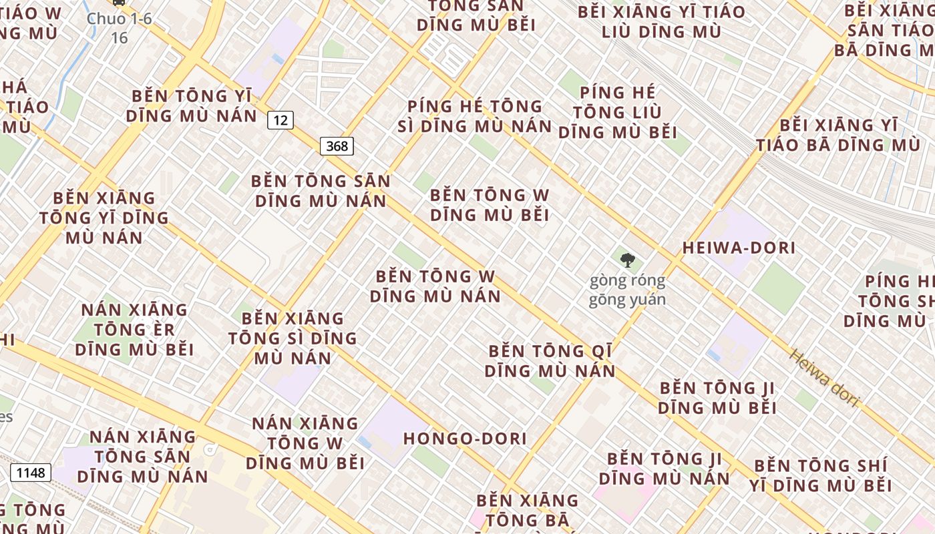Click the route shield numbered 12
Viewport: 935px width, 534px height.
click(x=280, y=120)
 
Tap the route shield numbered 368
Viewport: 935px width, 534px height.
click(x=337, y=146)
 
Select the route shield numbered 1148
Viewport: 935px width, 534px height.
click(x=31, y=473)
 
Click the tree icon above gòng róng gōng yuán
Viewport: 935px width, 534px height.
click(x=626, y=260)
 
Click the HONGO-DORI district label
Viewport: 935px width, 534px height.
click(x=465, y=439)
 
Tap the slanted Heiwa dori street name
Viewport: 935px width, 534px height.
click(x=823, y=378)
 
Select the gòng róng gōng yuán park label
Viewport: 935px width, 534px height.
click(x=627, y=290)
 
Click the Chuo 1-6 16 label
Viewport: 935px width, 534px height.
click(x=120, y=27)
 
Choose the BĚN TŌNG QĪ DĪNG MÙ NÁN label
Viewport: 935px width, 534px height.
click(x=550, y=360)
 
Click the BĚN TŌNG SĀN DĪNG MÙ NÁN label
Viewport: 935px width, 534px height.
click(x=321, y=191)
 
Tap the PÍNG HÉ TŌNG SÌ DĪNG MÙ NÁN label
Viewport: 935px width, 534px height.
click(x=475, y=116)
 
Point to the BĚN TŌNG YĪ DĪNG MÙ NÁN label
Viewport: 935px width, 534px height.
click(x=192, y=105)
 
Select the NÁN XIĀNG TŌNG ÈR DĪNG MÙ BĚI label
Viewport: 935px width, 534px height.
click(x=134, y=330)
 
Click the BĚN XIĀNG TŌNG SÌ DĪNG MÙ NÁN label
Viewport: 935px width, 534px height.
click(x=293, y=338)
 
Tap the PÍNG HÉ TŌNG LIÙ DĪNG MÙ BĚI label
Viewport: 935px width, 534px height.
click(x=618, y=112)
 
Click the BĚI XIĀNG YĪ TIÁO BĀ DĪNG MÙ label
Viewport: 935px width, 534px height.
click(x=838, y=135)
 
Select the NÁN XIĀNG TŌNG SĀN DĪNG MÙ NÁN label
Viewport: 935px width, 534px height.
click(x=142, y=457)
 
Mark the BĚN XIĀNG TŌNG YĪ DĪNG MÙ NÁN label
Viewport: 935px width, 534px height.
click(x=104, y=218)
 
